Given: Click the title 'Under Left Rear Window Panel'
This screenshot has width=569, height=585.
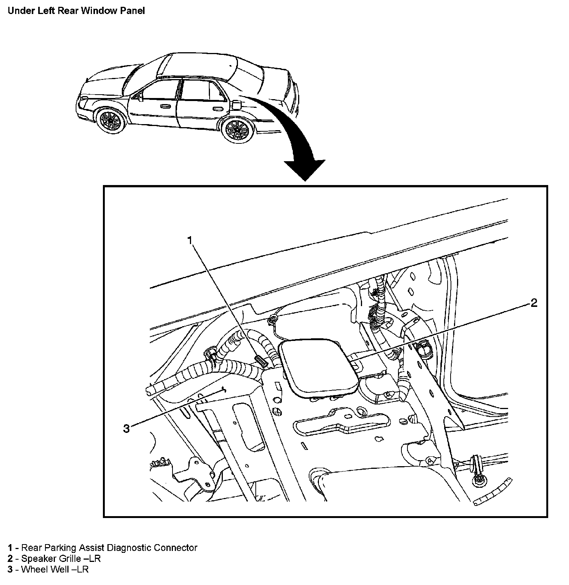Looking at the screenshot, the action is point(76,11).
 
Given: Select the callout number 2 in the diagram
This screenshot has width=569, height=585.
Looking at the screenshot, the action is point(534,303).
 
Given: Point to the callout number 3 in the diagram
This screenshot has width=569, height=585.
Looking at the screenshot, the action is point(126,428).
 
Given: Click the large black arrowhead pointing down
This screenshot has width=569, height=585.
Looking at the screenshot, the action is point(305,170).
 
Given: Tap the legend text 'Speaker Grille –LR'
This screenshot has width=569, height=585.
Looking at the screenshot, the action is point(61,559).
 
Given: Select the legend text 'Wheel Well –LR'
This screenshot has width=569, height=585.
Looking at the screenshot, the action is point(55,569).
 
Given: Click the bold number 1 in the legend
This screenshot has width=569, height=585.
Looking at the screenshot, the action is point(11,548).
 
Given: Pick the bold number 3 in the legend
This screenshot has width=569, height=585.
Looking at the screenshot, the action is point(11,569).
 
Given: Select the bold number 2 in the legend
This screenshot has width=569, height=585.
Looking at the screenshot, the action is point(11,559).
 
